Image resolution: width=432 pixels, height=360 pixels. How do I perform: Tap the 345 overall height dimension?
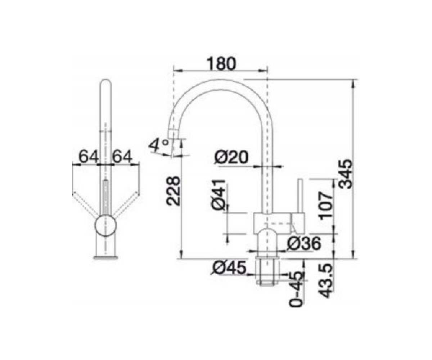[345, 174]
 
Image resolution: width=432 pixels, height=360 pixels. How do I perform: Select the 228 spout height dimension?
[173, 190]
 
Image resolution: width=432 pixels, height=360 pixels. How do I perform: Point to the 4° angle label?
[159, 145]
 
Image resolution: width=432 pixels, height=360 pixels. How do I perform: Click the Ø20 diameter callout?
[231, 157]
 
